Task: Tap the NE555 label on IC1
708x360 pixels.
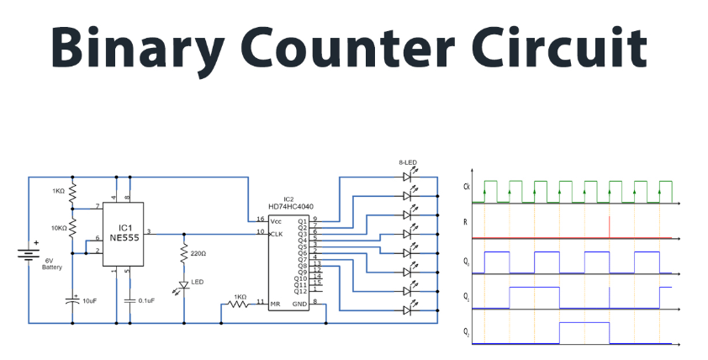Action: tap(124, 238)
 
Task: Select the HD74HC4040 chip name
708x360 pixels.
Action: tap(291, 208)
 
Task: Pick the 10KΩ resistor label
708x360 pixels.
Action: tap(57, 228)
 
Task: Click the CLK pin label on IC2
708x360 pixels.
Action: tap(275, 233)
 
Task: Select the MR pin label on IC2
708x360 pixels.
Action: tap(274, 303)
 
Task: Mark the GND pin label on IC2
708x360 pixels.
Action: tap(300, 303)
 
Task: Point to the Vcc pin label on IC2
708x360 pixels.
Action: tap(275, 220)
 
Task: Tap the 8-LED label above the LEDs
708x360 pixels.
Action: tap(409, 162)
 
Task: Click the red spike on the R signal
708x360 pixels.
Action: tap(608, 227)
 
